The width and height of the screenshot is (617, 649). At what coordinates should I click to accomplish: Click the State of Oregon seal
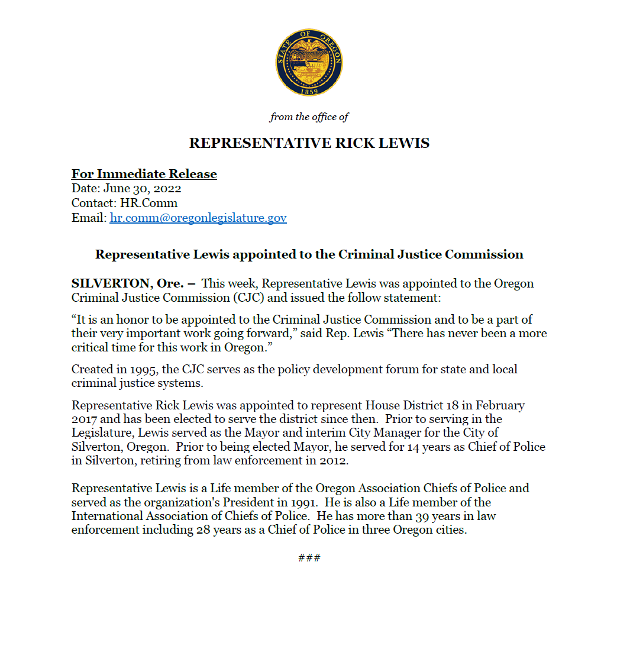click(x=309, y=62)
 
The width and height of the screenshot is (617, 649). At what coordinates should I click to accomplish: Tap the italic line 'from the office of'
click(x=309, y=117)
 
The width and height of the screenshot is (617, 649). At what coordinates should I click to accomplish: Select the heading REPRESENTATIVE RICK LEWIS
click(x=309, y=143)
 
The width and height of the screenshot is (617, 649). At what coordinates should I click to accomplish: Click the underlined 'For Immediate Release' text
click(x=144, y=174)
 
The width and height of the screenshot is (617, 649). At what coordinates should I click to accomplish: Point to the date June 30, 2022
click(x=142, y=189)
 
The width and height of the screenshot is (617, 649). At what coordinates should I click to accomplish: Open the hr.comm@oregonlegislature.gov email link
click(x=198, y=218)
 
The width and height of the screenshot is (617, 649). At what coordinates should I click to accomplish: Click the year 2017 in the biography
click(x=85, y=419)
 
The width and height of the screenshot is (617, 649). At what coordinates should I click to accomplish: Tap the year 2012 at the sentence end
click(x=335, y=460)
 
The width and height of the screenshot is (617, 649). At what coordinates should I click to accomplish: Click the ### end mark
click(x=309, y=557)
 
